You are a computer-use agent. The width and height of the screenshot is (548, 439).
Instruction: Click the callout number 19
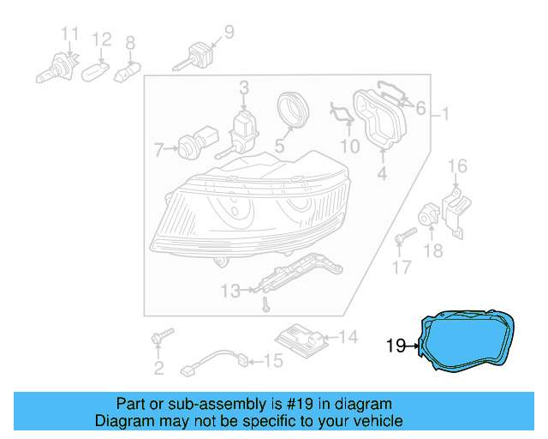(x=396, y=346)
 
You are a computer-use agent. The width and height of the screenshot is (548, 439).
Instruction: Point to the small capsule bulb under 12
(x=97, y=72)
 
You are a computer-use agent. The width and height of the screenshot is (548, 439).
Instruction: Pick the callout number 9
(x=229, y=32)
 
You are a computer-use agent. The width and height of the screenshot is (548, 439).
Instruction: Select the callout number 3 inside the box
(x=243, y=87)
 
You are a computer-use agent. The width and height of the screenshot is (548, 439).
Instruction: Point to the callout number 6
(x=420, y=108)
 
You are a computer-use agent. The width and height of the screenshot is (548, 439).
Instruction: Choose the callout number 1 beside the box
(x=444, y=114)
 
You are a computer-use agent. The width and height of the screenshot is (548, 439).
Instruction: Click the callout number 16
(x=458, y=165)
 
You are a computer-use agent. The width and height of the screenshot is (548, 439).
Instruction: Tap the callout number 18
(x=434, y=250)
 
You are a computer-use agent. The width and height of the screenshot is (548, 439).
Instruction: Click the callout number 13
(x=230, y=292)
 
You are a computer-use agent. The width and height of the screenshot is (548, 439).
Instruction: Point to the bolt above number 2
(x=161, y=336)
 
